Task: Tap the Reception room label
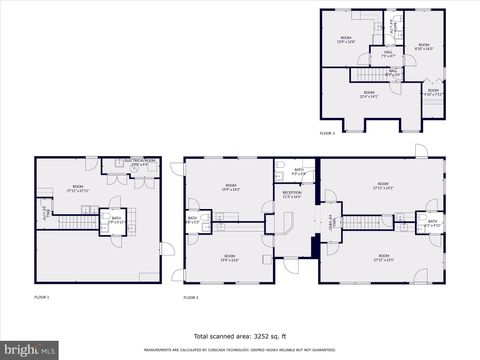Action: (292, 196)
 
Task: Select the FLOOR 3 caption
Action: (328, 133)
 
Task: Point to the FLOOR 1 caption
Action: (42, 297)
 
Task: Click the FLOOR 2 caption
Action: (191, 297)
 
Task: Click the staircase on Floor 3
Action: (365, 75)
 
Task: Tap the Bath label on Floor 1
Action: (116, 219)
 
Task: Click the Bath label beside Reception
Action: (299, 171)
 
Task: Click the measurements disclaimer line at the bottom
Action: (240, 351)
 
